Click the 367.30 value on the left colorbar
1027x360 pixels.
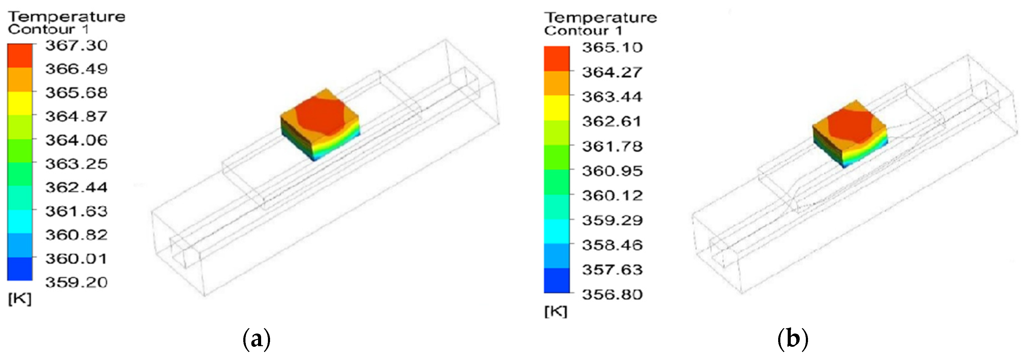point(77,45)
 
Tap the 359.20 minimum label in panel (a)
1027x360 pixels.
point(77,282)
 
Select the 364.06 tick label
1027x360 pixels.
point(77,140)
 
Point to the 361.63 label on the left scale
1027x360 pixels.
point(77,211)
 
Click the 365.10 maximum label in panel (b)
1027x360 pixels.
point(612,47)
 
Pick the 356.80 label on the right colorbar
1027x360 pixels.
point(612,294)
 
